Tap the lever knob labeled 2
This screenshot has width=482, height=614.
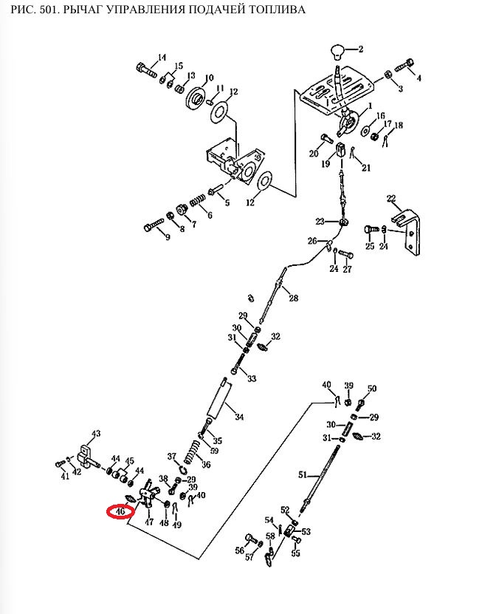pyautogui.click(x=339, y=52)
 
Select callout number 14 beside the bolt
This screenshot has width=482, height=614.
pyautogui.click(x=162, y=58)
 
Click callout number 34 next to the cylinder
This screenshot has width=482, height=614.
pyautogui.click(x=238, y=417)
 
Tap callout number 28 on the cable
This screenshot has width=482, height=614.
pyautogui.click(x=293, y=299)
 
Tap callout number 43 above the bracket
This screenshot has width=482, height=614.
pyautogui.click(x=95, y=434)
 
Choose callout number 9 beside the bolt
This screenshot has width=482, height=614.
pyautogui.click(x=167, y=236)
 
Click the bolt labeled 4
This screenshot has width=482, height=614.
pyautogui.click(x=404, y=65)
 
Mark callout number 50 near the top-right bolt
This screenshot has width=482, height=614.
pyautogui.click(x=372, y=389)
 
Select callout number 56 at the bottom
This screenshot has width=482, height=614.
pyautogui.click(x=240, y=550)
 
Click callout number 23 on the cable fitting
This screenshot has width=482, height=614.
pyautogui.click(x=320, y=221)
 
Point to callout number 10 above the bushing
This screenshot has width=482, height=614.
pyautogui.click(x=209, y=78)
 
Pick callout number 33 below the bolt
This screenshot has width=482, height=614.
pyautogui.click(x=252, y=379)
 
